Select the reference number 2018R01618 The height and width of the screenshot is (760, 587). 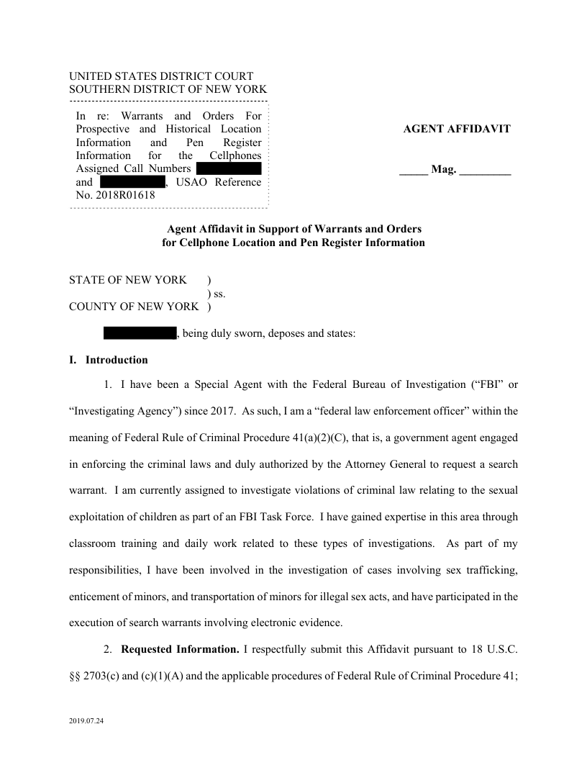pyautogui.click(x=124, y=194)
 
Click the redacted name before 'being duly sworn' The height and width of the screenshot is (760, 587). pyautogui.click(x=140, y=333)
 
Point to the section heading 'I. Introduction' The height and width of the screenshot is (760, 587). pyautogui.click(x=109, y=360)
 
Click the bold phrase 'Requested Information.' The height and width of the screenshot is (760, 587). pyautogui.click(x=180, y=650)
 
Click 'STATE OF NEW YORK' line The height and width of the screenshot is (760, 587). pyautogui.click(x=128, y=280)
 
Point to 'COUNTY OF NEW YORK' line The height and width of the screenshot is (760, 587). pyautogui.click(x=134, y=307)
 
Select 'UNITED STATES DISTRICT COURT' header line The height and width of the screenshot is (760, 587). pyautogui.click(x=161, y=76)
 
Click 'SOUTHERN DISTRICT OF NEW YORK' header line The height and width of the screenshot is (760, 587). pyautogui.click(x=168, y=89)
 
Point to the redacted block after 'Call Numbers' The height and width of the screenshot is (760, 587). pyautogui.click(x=228, y=168)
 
